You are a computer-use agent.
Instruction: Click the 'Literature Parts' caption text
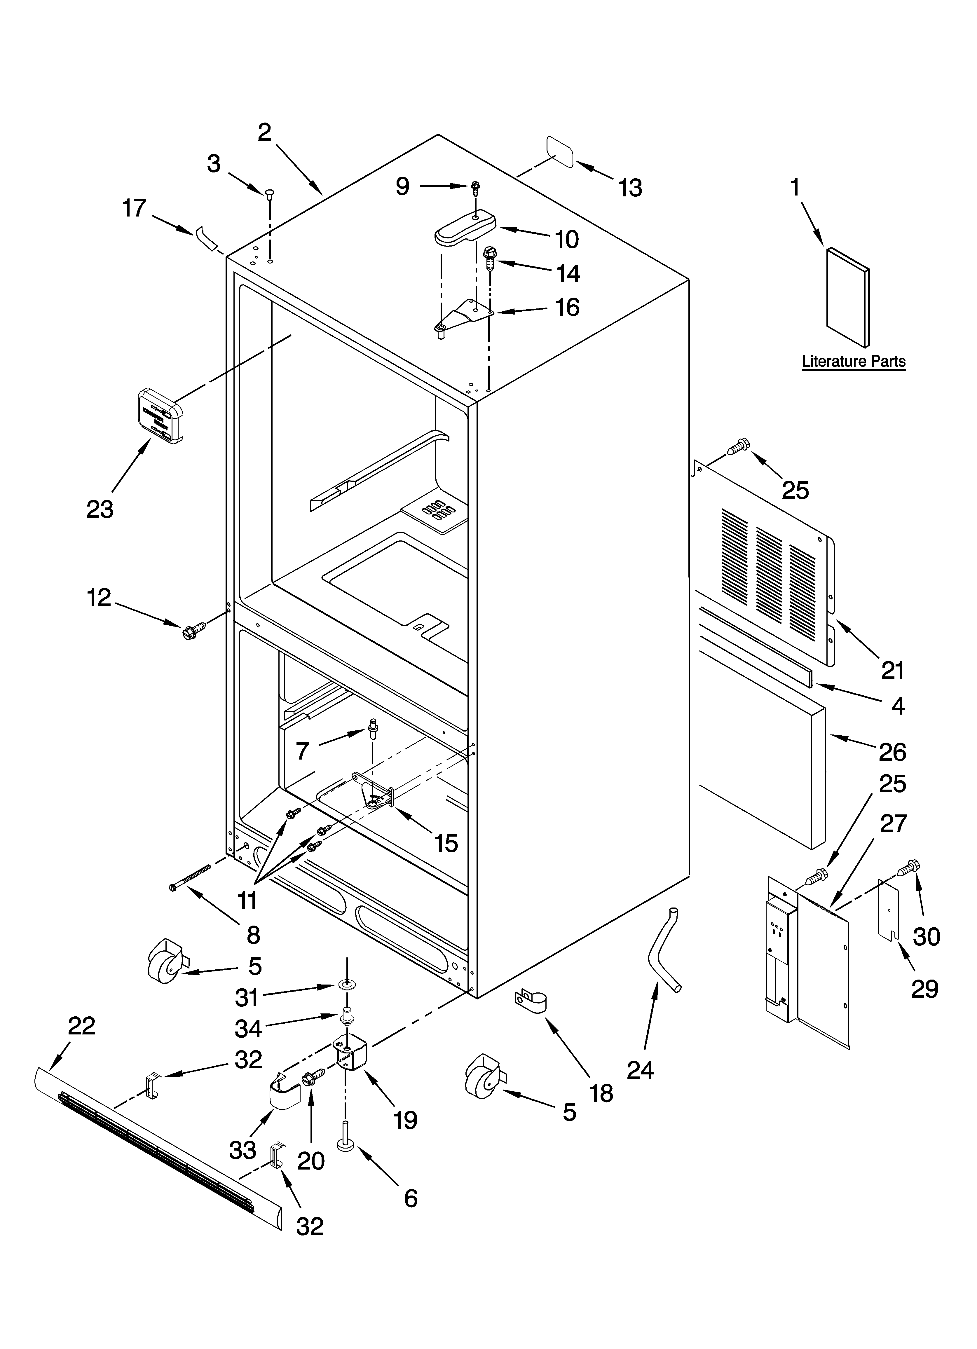coord(853,361)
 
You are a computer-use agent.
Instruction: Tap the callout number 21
coord(892,670)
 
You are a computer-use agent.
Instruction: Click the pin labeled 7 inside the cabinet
coord(373,727)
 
